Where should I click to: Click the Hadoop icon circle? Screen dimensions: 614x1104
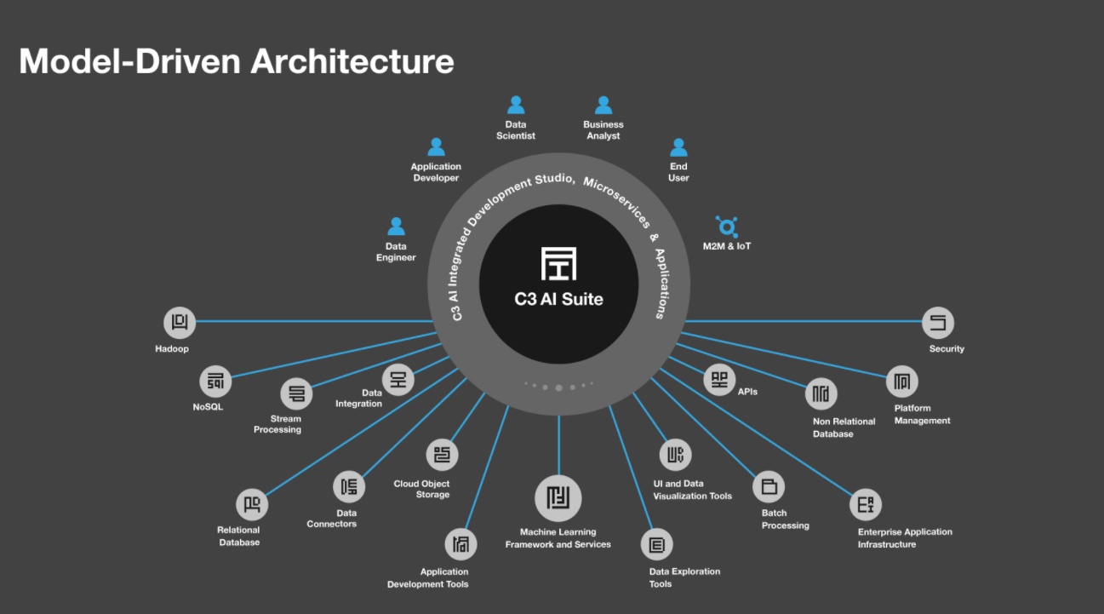(x=180, y=323)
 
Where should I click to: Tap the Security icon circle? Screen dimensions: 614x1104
(x=938, y=323)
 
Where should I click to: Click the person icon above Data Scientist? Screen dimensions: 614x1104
(x=516, y=106)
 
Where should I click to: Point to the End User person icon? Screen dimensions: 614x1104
(x=678, y=147)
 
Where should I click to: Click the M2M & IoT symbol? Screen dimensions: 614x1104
(x=727, y=227)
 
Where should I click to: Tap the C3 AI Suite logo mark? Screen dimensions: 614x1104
(x=558, y=263)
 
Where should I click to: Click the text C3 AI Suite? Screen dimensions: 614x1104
(x=558, y=299)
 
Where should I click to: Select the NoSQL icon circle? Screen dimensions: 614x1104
(x=215, y=382)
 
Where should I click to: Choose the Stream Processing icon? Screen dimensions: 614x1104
(x=297, y=393)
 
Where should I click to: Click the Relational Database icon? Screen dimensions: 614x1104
(x=252, y=505)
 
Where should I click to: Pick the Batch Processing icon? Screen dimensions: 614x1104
(x=769, y=487)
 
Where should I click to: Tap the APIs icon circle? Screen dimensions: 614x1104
(x=719, y=379)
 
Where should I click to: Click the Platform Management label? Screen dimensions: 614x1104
(x=922, y=415)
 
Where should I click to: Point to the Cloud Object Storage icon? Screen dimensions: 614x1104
(x=442, y=455)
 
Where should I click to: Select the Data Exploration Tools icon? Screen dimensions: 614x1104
(x=657, y=544)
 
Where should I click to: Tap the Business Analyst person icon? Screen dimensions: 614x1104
(x=603, y=106)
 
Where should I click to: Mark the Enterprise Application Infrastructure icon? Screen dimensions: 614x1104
(x=866, y=505)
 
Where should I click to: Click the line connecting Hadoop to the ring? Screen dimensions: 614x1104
(x=315, y=322)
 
